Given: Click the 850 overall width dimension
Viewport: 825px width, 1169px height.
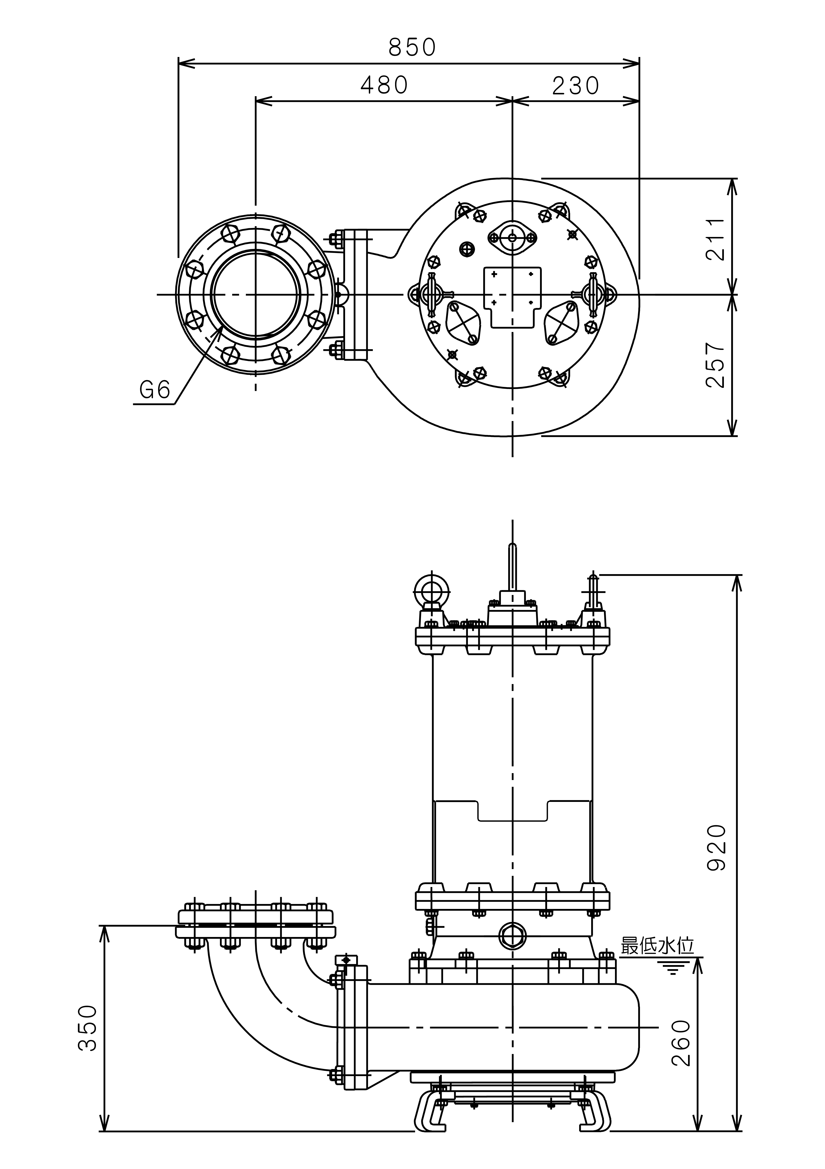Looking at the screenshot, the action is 412,47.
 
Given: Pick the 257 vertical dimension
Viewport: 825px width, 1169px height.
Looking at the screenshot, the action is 716,365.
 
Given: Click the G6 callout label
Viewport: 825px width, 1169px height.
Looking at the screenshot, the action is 154,390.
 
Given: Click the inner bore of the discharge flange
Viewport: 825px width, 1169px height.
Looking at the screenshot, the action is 256,295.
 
